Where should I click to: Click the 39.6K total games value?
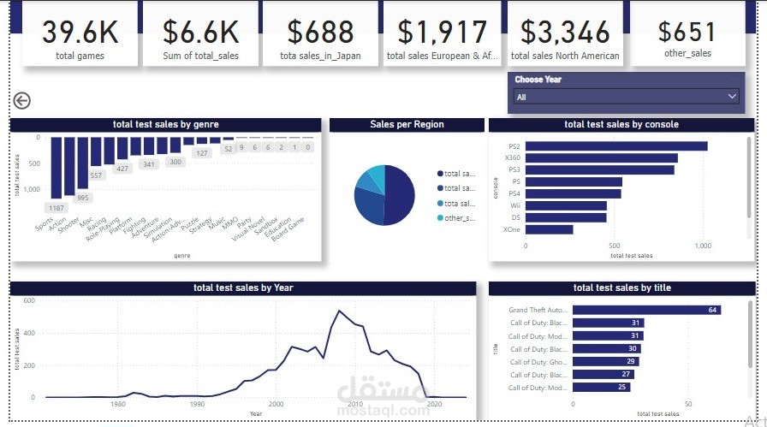tap(80, 33)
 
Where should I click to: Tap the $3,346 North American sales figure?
tap(565, 33)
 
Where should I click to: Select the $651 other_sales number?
tap(687, 32)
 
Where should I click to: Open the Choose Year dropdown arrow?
tap(732, 97)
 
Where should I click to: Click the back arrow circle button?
tap(22, 101)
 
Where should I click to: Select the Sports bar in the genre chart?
tap(56, 167)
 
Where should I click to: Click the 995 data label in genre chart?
tap(82, 198)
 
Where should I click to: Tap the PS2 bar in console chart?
tap(616, 145)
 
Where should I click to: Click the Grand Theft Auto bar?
tap(646, 310)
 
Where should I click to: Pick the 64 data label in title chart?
tap(712, 310)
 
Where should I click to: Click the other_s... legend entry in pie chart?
tap(459, 218)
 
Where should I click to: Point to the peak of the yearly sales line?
tap(340, 311)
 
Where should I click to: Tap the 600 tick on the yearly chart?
tap(28, 300)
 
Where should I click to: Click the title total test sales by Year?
tap(243, 288)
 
